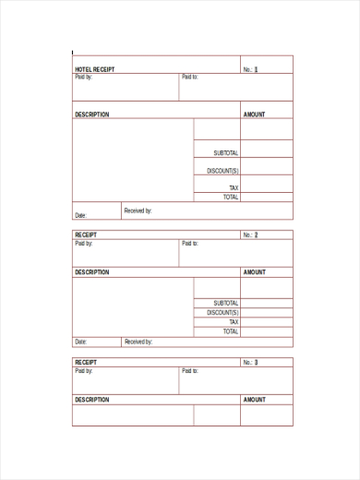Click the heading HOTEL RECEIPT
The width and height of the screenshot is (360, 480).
[x=95, y=69]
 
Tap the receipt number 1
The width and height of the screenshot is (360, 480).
[x=256, y=69]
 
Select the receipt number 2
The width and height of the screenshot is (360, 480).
[x=256, y=235]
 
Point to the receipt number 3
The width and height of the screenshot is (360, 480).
[x=256, y=363]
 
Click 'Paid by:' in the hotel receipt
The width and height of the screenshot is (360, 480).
[x=83, y=77]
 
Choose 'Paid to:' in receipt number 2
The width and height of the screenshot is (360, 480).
[x=190, y=243]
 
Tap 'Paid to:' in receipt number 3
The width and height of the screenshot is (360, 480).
[x=190, y=370]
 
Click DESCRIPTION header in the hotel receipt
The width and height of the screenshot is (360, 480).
[x=91, y=114]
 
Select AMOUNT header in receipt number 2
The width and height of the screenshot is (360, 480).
[x=254, y=272]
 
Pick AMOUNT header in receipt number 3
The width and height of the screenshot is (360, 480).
[x=254, y=400]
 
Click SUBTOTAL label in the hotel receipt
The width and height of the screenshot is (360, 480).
[x=226, y=152]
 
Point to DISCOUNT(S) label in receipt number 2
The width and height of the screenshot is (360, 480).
[x=223, y=313]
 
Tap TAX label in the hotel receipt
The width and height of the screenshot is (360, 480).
[x=234, y=187]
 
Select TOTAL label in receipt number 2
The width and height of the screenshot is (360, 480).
[x=231, y=331]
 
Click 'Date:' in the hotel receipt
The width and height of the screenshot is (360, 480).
[x=80, y=215]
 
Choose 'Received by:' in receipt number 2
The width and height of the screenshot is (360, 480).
[x=138, y=342]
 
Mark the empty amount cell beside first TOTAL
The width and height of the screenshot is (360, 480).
[x=267, y=197]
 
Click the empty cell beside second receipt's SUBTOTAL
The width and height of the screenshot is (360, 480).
[x=267, y=303]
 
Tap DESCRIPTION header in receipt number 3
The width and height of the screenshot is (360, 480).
[x=91, y=400]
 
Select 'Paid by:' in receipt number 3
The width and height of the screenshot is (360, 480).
[x=83, y=370]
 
